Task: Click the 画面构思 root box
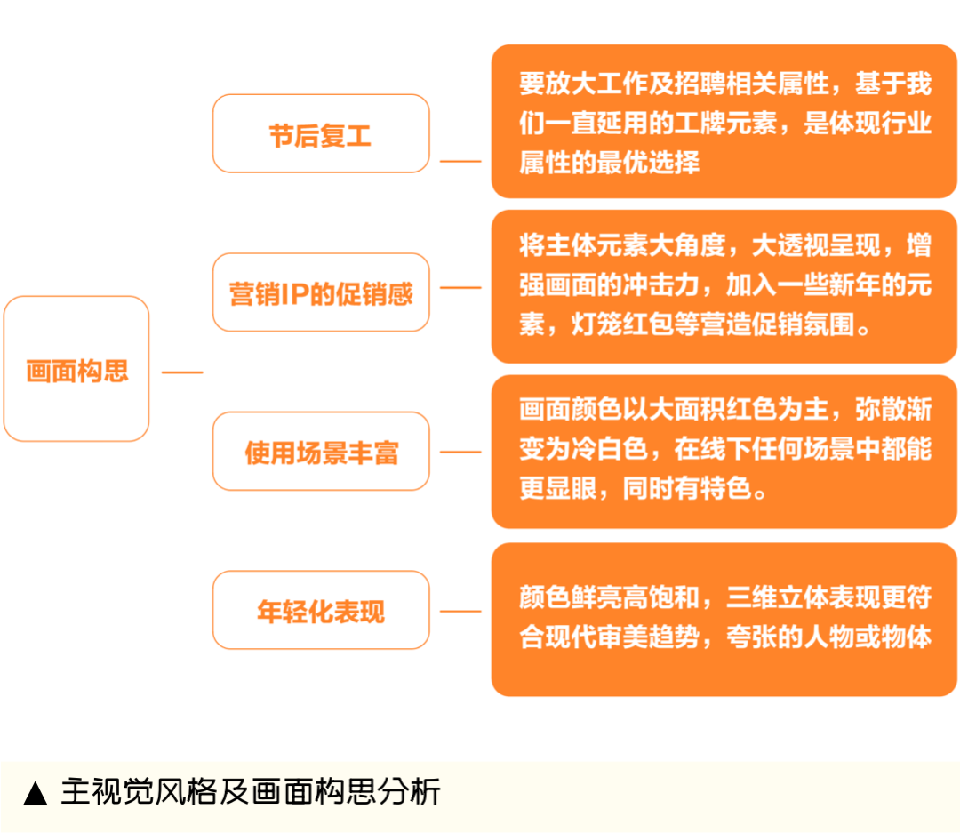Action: point(76,369)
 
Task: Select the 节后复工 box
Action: point(321,133)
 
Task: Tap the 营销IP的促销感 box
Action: point(321,292)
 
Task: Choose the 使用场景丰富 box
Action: point(321,452)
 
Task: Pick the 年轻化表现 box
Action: point(321,610)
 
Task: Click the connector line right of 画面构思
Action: point(182,372)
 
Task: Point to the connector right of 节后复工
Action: point(460,162)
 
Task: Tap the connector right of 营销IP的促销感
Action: point(460,287)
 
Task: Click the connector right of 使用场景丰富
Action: point(460,452)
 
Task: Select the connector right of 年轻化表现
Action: point(460,612)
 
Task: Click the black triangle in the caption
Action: point(36,793)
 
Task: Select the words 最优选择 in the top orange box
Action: point(648,163)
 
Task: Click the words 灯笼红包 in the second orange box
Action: point(622,324)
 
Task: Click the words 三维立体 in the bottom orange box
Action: point(778,597)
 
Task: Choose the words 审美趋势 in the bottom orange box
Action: point(648,637)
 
